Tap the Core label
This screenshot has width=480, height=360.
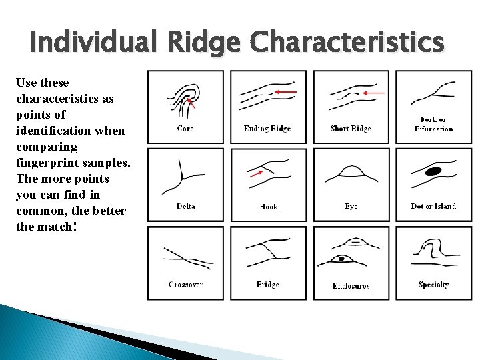coord(185,128)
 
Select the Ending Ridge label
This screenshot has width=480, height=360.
coord(267,128)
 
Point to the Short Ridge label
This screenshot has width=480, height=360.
coord(351,128)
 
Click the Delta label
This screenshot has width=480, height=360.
coord(185,206)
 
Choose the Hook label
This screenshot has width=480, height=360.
coord(268,207)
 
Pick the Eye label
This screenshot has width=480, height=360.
coord(351,207)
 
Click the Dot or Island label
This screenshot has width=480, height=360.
coord(433,206)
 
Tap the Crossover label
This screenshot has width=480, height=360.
coord(185,285)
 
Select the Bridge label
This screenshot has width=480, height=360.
coord(268,285)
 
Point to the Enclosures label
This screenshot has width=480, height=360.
coord(351,285)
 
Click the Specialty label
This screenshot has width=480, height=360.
coord(433,285)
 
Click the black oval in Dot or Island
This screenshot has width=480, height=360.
coord(434,171)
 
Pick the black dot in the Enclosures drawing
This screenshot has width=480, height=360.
coord(341,258)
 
